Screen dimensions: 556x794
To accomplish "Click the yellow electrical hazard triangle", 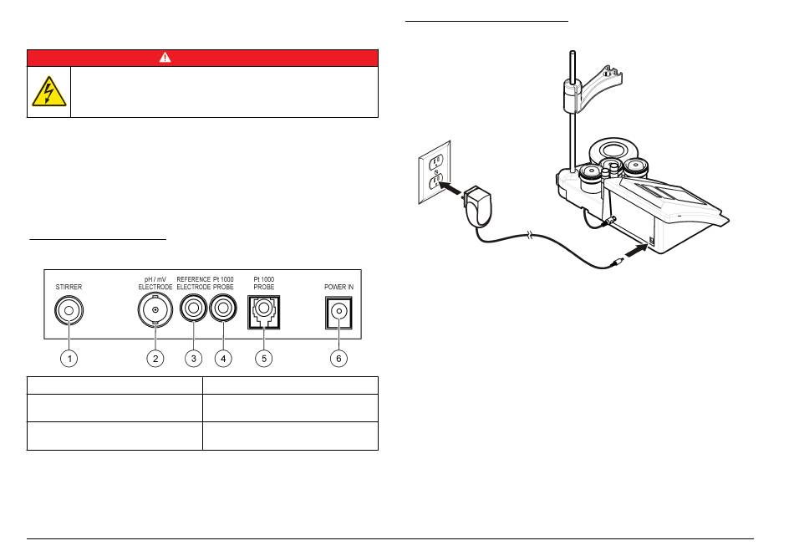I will (48, 92).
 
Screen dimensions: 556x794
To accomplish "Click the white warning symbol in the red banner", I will (165, 58).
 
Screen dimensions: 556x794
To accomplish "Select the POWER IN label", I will (338, 286).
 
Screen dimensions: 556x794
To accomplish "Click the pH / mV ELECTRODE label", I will (155, 283).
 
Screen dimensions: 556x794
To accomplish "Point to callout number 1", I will (71, 358).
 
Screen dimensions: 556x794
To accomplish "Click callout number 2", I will (155, 358).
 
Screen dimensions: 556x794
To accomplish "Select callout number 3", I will (193, 358).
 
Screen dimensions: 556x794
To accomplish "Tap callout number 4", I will (222, 358).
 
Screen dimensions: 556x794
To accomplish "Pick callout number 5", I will (263, 358).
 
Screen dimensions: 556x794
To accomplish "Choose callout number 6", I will (338, 358).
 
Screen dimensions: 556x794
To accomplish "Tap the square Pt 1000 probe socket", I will (263, 313).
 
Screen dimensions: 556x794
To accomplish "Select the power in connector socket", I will (338, 313).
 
